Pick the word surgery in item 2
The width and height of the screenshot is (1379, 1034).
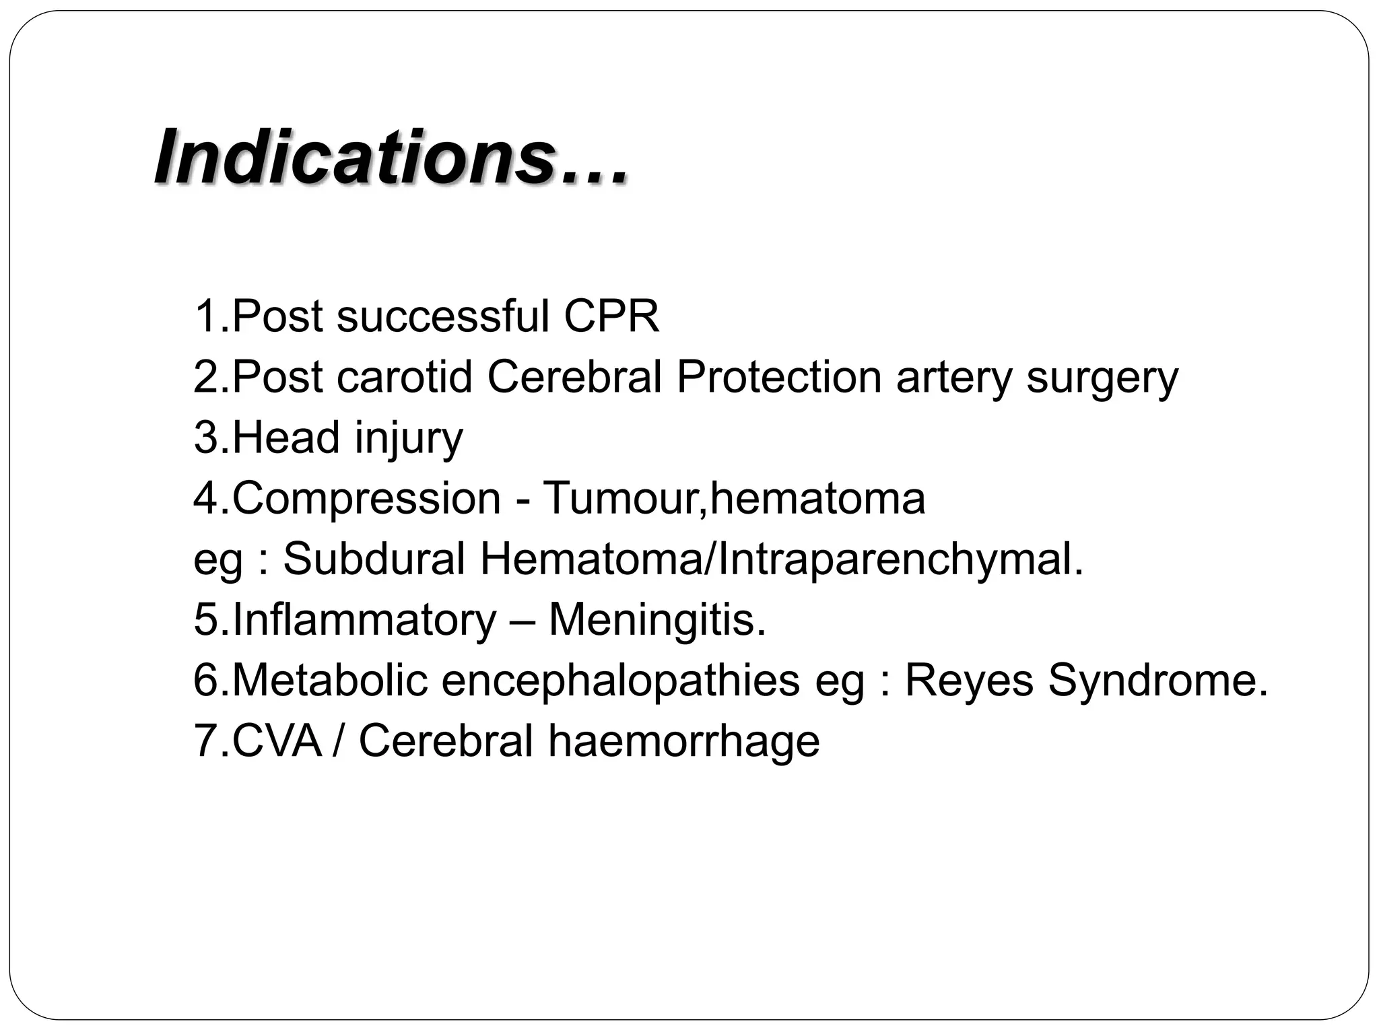tap(1102, 378)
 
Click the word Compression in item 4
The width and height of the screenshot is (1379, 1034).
tap(367, 499)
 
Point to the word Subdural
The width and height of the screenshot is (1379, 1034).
tap(374, 559)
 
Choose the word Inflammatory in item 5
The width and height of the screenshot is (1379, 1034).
tap(364, 620)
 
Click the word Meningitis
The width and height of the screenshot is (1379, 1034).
tap(657, 620)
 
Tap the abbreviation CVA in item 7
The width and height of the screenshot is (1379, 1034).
tap(276, 741)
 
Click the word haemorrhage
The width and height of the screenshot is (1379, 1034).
tap(683, 741)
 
